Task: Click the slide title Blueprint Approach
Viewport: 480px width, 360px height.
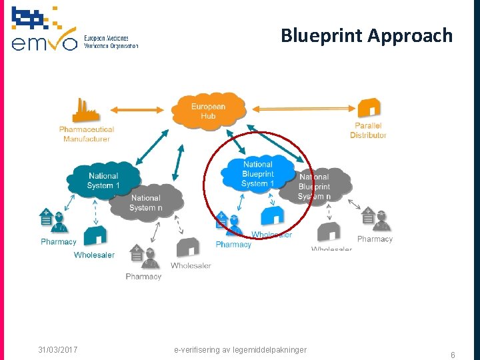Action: pyautogui.click(x=366, y=35)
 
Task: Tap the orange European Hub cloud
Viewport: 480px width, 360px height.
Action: pyautogui.click(x=208, y=111)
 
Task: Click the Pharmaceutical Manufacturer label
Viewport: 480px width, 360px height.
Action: pyautogui.click(x=87, y=134)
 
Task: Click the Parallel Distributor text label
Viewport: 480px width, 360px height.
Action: pyautogui.click(x=368, y=131)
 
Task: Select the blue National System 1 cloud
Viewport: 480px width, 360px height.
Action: pyautogui.click(x=103, y=180)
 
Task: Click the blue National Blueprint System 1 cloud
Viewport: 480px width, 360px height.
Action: pyautogui.click(x=258, y=174)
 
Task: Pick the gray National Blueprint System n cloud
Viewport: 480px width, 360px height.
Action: pyautogui.click(x=315, y=185)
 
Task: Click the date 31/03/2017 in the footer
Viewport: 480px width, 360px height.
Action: pyautogui.click(x=57, y=350)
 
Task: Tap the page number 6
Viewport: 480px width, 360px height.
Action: pyautogui.click(x=453, y=355)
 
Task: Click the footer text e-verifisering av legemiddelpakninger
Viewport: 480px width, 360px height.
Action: pyautogui.click(x=240, y=350)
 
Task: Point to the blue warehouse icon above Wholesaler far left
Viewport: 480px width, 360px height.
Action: pyautogui.click(x=96, y=235)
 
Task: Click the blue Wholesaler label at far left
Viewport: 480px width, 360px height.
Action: pyautogui.click(x=94, y=255)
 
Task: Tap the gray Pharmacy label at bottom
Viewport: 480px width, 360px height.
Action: pyautogui.click(x=143, y=276)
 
